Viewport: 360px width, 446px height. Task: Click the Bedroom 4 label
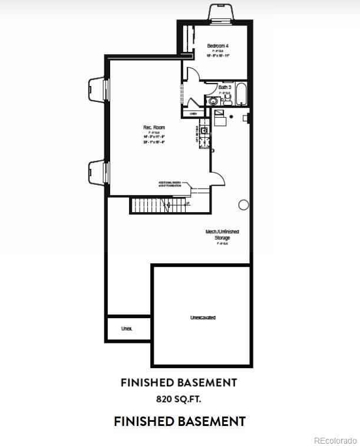pos(218,45)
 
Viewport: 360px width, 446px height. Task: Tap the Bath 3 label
pos(224,88)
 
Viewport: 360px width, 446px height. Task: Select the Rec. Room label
pos(154,127)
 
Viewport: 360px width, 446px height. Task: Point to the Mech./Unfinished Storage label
pos(222,234)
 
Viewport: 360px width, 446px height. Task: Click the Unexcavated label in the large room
pos(203,318)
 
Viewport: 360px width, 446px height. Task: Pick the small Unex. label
pos(127,328)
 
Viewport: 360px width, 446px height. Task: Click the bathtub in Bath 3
pos(242,94)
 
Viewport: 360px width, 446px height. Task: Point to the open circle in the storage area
pos(243,204)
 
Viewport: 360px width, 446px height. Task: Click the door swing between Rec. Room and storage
pos(217,177)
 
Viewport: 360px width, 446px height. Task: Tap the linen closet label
pos(193,113)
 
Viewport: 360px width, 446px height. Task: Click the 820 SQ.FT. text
pos(179,399)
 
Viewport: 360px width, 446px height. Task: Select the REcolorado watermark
pos(335,440)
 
